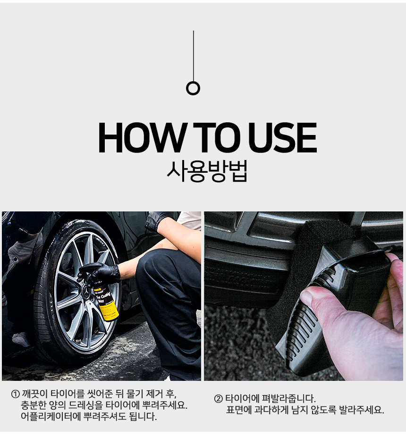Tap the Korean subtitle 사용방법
point(207,171)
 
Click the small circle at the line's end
point(193,88)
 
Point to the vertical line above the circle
point(193,56)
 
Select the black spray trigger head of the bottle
point(89,269)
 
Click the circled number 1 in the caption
point(16,394)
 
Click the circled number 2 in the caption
point(218,398)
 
